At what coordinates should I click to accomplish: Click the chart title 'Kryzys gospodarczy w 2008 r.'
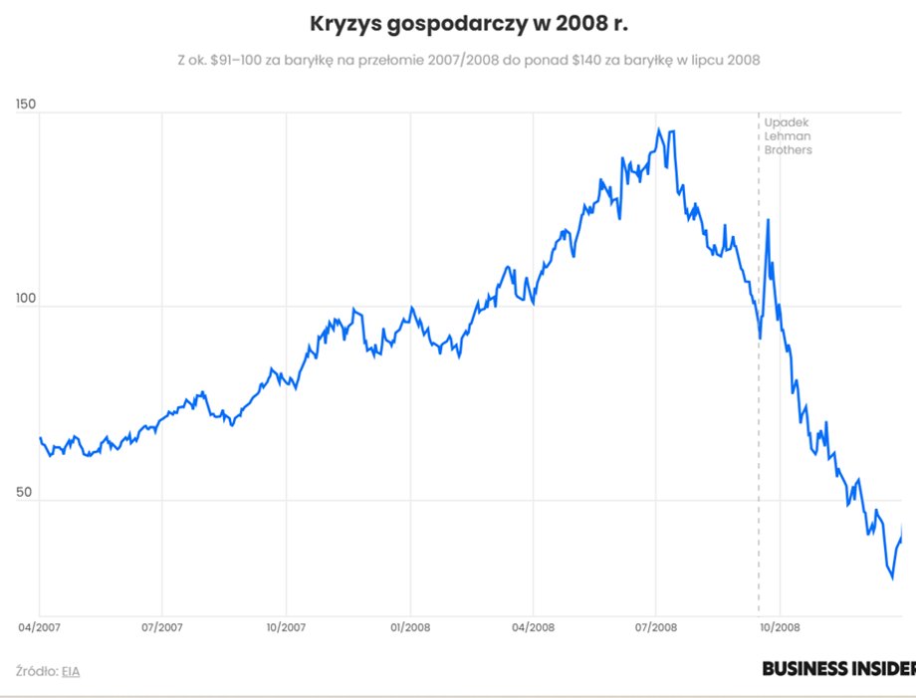pos(469,22)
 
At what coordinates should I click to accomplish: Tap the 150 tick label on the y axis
pos(27,104)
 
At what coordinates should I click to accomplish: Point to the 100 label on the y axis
pos(27,299)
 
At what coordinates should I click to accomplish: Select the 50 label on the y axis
pos(24,492)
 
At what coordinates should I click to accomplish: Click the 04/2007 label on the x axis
pos(39,628)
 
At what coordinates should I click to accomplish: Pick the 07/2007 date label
pos(162,628)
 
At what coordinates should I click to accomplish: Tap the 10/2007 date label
pos(286,628)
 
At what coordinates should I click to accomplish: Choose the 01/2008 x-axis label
pos(409,628)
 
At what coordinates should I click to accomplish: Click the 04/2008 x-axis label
pos(533,628)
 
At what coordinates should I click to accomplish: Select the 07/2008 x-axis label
pos(656,628)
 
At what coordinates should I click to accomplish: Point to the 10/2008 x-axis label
pos(780,628)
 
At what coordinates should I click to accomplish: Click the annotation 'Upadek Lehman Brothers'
pos(788,135)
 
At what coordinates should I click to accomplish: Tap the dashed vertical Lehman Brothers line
pos(759,448)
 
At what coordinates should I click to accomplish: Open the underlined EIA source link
pos(71,671)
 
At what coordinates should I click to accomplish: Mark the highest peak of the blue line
pos(659,129)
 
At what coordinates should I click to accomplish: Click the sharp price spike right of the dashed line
pos(768,220)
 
